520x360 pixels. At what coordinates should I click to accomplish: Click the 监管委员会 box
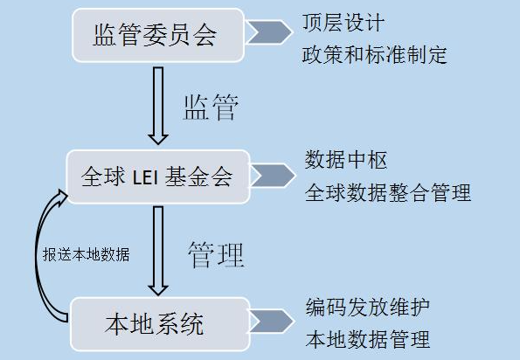tap(158, 35)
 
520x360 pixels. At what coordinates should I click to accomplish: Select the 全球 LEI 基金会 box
tap(158, 177)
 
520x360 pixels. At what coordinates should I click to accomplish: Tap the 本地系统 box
tap(160, 324)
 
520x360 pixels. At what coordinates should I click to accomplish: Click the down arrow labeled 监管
tap(158, 106)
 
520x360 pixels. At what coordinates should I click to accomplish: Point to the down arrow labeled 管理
tap(158, 251)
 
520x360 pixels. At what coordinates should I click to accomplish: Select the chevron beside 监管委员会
tap(269, 32)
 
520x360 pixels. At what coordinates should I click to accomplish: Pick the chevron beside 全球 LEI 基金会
tap(273, 176)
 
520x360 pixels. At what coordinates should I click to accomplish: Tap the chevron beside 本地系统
tap(272, 322)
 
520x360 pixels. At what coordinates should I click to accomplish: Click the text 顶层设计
tap(343, 23)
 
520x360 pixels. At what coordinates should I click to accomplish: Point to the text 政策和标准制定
tap(375, 54)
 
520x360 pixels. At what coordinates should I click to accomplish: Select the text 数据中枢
tap(346, 160)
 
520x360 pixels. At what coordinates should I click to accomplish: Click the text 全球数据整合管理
tap(388, 192)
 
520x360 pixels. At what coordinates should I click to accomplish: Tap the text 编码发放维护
tap(368, 308)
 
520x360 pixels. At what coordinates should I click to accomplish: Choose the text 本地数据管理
tap(368, 339)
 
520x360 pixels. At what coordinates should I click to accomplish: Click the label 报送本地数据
tap(87, 254)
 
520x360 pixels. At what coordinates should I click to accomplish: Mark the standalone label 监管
tap(211, 107)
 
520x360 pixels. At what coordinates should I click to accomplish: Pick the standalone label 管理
tap(216, 254)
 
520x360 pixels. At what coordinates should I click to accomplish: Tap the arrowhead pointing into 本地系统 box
tap(158, 290)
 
